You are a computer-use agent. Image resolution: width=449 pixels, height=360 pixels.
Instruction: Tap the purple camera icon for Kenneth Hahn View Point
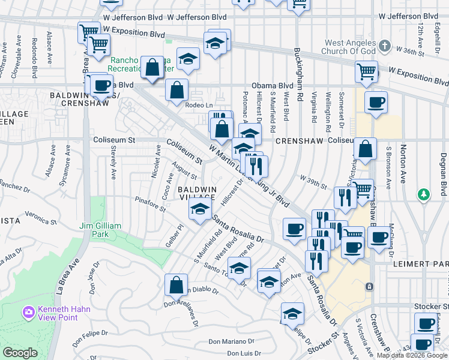coord(28,312)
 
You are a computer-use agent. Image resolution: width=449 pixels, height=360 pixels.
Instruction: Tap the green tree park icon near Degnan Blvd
coord(424,194)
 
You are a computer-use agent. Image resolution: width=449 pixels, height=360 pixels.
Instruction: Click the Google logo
coord(20,353)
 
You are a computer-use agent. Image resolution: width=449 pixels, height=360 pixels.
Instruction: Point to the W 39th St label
coord(313,178)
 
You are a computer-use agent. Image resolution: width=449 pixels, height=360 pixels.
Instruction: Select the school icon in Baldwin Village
coord(200,209)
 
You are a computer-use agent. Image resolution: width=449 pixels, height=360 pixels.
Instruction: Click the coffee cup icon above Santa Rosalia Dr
coord(294,229)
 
